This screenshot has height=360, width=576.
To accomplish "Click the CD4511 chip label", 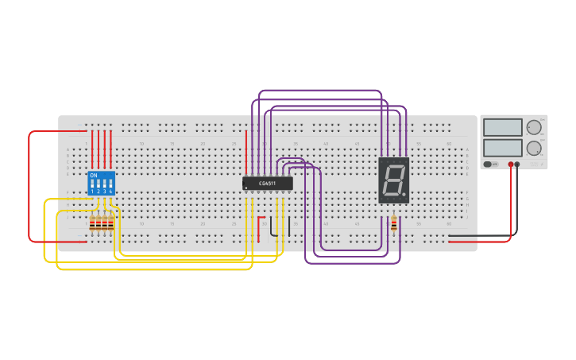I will coord(267,184).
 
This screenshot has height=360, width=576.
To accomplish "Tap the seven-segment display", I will coord(394,180).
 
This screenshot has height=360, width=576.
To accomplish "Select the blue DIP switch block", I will coord(101,183).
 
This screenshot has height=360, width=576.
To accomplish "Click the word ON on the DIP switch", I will coord(94,175).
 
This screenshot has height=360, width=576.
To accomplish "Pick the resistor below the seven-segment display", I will coord(394,226).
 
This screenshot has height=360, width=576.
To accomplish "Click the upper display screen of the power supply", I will coord(502,127).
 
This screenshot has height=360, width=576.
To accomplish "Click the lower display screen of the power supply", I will coord(502,148).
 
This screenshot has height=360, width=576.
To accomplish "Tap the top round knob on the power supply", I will coord(534,127).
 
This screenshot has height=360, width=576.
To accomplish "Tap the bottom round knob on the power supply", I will coord(534,148).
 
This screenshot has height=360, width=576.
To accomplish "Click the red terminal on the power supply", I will coord(511,165).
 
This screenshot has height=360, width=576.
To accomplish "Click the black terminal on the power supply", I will coord(517,165).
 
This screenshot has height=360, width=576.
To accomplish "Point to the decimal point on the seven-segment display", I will coord(404,193).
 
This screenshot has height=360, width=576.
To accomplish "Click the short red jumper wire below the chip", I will coord(258,227).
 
